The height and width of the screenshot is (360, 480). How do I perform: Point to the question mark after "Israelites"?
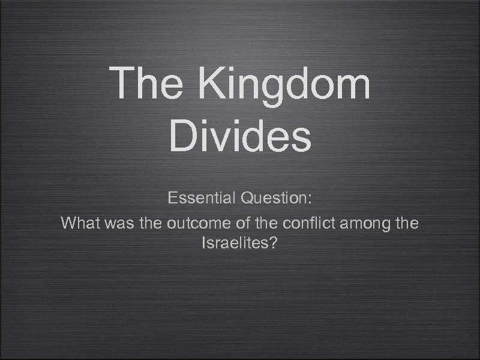[x=273, y=244]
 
